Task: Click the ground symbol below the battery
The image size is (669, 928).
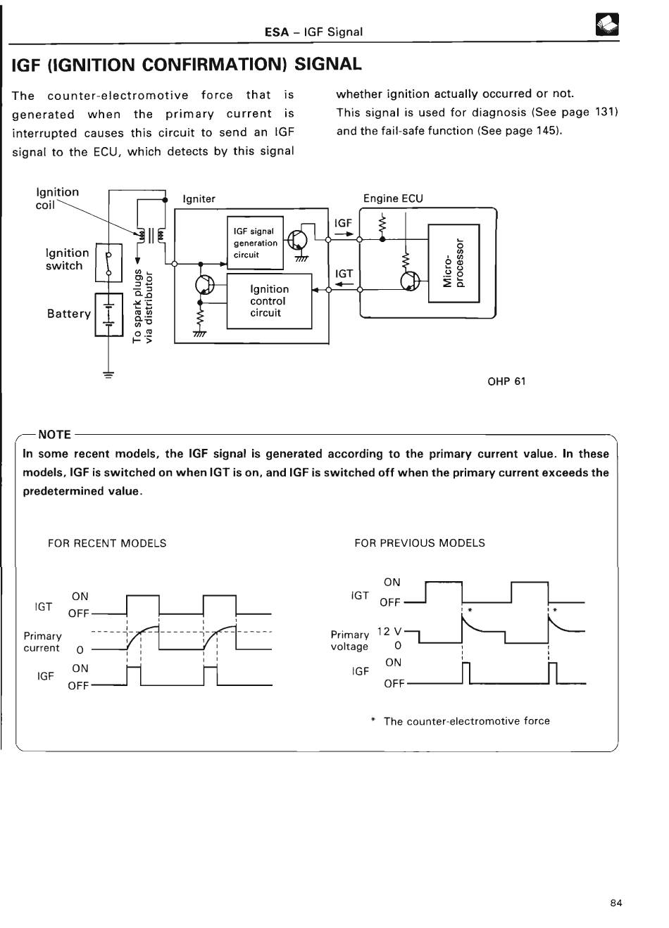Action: coord(108,375)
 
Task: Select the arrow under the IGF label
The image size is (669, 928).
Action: coord(344,234)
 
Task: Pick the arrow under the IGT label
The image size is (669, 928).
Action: coord(344,284)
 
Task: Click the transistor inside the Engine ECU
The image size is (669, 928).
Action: coord(410,281)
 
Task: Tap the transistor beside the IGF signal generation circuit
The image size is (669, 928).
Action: coord(297,241)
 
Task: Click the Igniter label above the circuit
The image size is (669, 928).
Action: coord(199,199)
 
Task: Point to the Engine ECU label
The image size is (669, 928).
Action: coord(393,198)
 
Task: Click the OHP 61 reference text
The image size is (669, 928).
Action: coord(506,381)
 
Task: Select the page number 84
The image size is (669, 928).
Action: coord(616,903)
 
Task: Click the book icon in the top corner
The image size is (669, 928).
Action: coord(607,25)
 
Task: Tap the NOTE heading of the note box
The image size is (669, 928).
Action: coord(54,435)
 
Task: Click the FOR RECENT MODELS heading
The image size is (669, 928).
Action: coord(107,543)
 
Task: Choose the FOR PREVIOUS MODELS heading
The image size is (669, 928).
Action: coord(420,542)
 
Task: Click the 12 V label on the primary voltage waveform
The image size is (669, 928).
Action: coord(389,631)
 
